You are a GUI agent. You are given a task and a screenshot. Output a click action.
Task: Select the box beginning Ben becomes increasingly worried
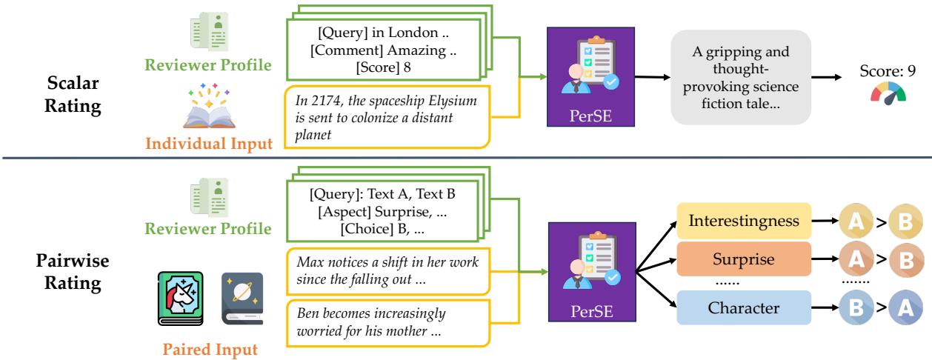point(387,321)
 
